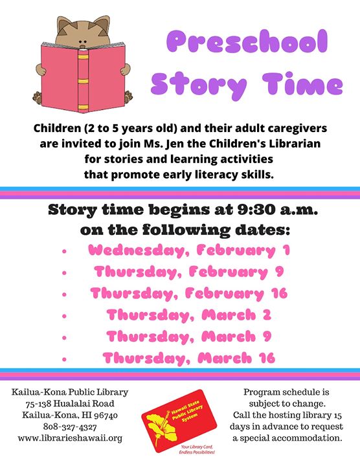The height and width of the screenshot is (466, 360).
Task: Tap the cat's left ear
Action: (x=64, y=25)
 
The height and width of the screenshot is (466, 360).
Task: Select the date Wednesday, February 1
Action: (x=189, y=250)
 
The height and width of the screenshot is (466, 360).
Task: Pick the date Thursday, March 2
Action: (x=189, y=315)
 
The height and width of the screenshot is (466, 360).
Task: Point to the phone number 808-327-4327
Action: (x=70, y=427)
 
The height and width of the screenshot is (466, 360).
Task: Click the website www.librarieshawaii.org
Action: (x=70, y=438)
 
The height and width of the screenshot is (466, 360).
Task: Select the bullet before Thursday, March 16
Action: (x=64, y=359)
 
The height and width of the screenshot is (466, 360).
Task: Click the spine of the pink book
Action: (x=84, y=81)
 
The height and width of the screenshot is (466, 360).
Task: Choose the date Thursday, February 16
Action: (x=189, y=293)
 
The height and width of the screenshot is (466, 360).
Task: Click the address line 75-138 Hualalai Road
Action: (x=70, y=404)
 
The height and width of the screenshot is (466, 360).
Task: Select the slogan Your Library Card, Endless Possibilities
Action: (x=196, y=450)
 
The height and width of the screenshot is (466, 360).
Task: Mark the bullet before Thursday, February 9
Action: (x=64, y=272)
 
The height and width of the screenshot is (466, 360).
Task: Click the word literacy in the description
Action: (x=214, y=175)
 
